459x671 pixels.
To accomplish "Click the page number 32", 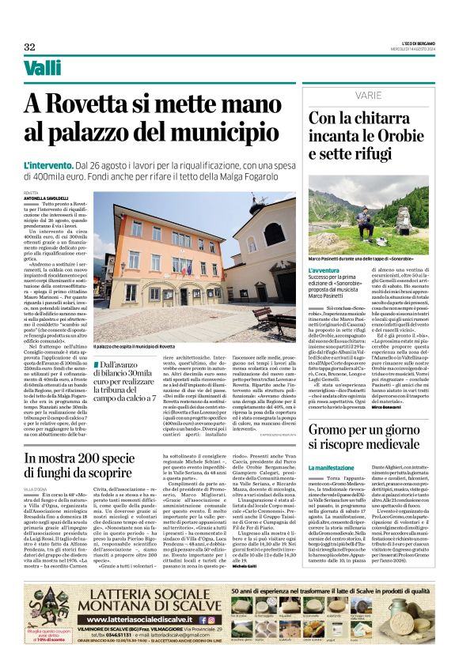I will [29, 47].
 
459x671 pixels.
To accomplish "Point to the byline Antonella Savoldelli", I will [49, 197].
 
